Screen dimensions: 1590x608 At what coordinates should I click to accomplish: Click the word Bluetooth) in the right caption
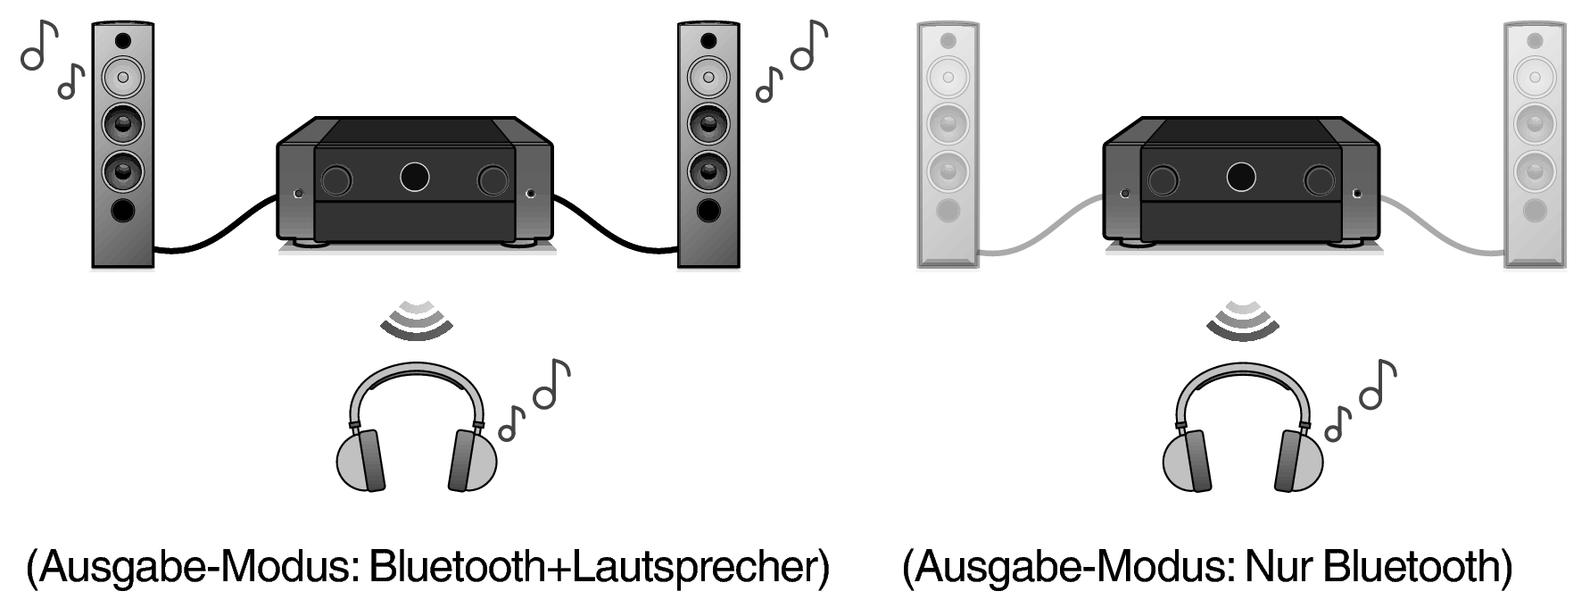(x=1419, y=568)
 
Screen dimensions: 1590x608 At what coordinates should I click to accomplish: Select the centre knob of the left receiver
(x=414, y=177)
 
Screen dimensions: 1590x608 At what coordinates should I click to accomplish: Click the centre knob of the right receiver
(x=1241, y=177)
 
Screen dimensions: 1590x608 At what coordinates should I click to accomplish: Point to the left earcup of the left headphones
(x=359, y=460)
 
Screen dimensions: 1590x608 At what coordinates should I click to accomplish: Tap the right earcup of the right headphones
(x=1299, y=460)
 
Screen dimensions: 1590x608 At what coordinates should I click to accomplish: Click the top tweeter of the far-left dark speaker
(x=123, y=41)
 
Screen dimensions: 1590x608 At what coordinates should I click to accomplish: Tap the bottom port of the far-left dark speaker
(x=123, y=211)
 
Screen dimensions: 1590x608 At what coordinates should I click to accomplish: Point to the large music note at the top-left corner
(x=38, y=45)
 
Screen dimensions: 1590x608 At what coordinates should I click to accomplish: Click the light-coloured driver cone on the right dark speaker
(x=708, y=78)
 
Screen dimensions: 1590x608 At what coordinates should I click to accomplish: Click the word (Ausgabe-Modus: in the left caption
(x=192, y=568)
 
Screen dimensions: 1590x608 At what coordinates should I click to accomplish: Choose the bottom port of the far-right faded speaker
(x=1535, y=211)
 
